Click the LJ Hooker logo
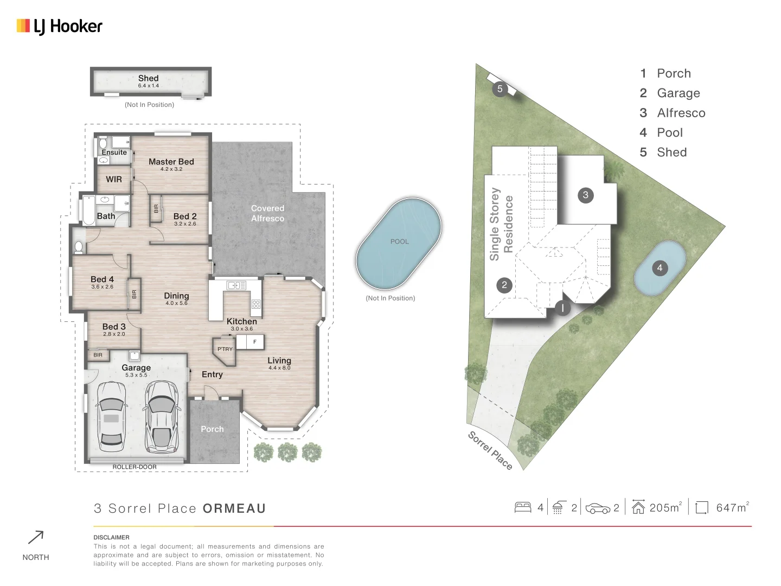[60, 26]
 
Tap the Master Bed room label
[171, 162]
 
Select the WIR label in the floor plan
[114, 180]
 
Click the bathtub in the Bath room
[88, 211]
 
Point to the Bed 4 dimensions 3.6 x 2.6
[102, 287]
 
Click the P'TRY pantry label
[225, 349]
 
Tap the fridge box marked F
[254, 342]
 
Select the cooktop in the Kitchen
[256, 304]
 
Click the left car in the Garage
[111, 417]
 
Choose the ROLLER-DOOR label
[135, 467]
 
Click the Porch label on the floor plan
[212, 429]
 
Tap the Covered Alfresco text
[267, 213]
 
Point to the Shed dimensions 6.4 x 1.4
[148, 86]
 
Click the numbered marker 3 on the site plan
[585, 195]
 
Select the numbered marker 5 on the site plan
[500, 89]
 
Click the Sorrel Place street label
[490, 450]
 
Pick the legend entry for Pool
[669, 133]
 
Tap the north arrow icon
[36, 538]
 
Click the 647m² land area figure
[732, 508]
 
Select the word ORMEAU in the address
[234, 509]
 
